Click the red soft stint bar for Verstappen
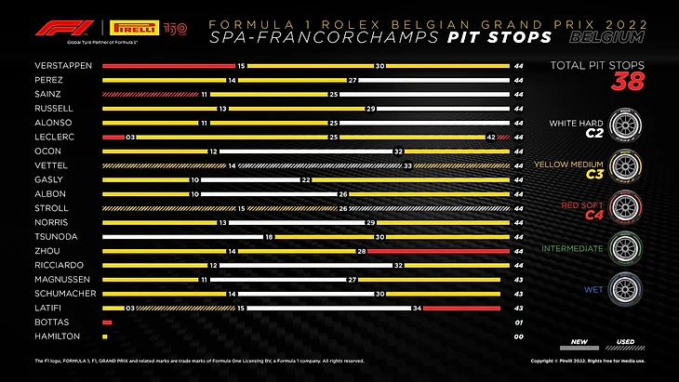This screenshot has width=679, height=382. click(168, 67)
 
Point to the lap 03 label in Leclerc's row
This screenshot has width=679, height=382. click(131, 137)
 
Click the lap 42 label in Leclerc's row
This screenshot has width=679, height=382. click(489, 137)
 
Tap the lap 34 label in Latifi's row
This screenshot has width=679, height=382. click(418, 308)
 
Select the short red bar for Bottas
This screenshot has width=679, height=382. click(107, 322)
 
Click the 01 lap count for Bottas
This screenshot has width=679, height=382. click(518, 322)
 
